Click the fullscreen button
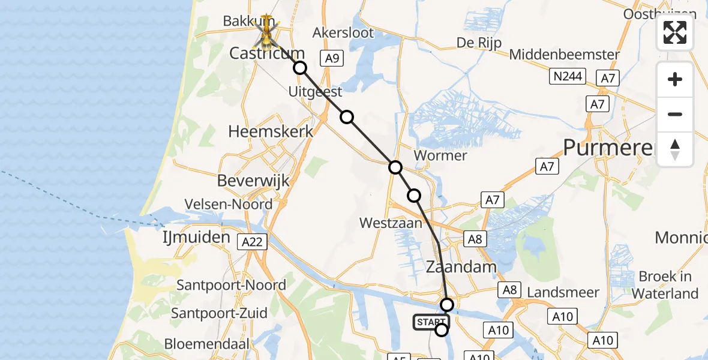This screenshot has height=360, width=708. [675, 32]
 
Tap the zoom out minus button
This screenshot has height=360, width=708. [675, 115]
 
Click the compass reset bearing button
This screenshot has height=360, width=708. [675, 149]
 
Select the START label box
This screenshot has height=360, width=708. [431, 322]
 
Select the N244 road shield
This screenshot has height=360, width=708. [567, 76]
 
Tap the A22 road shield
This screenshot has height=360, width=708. [253, 242]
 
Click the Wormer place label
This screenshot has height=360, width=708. [440, 155]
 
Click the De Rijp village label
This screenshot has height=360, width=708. [479, 43]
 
